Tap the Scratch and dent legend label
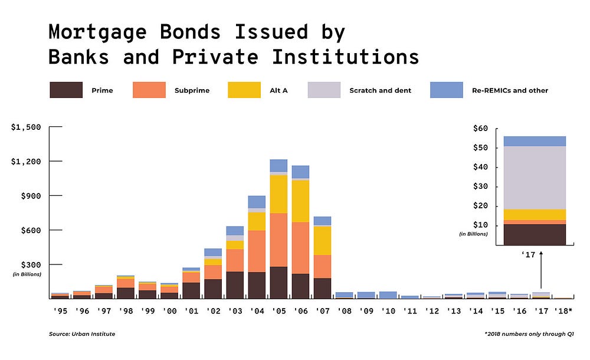click(x=380, y=90)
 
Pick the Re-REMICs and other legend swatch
click(x=447, y=90)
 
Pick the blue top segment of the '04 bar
click(x=256, y=202)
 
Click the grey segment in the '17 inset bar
click(x=535, y=178)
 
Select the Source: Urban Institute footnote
click(x=82, y=334)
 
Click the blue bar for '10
click(x=388, y=295)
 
